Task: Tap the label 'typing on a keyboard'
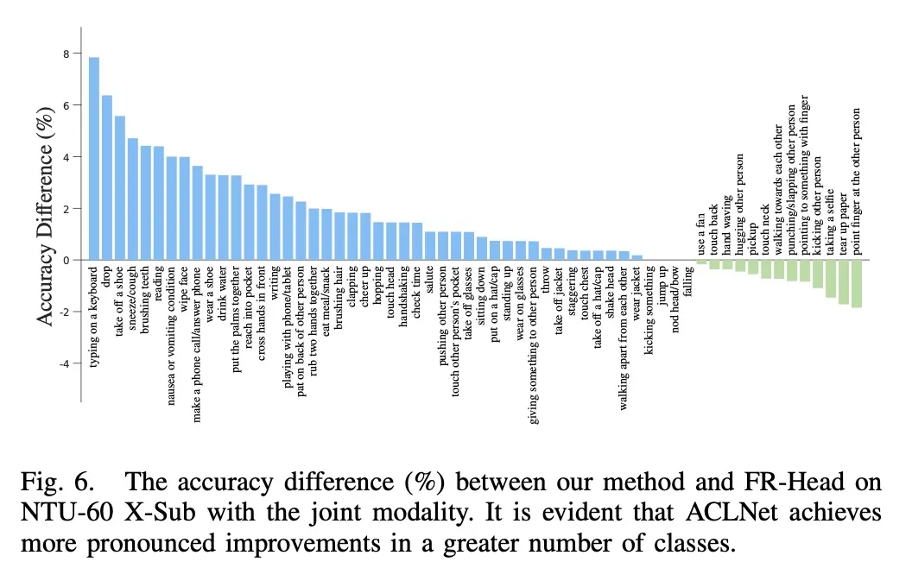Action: [x=94, y=315]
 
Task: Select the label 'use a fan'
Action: [x=701, y=234]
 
